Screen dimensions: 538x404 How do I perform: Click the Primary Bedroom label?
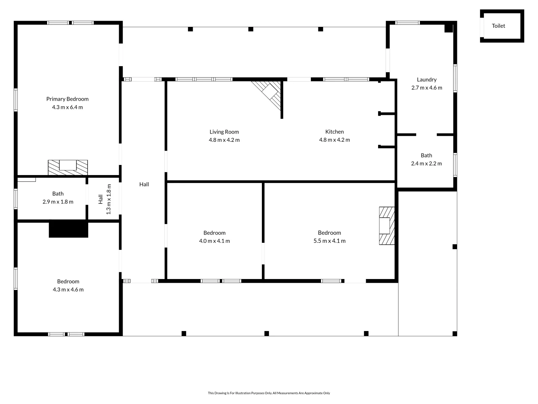click(x=67, y=99)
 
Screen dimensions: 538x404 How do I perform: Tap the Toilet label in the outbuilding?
click(x=498, y=26)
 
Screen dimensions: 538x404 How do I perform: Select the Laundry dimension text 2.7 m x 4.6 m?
click(x=427, y=88)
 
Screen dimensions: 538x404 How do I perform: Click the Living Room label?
click(x=224, y=132)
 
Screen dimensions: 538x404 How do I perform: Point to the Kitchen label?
click(x=334, y=132)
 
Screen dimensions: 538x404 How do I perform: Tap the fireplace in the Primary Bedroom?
click(x=68, y=167)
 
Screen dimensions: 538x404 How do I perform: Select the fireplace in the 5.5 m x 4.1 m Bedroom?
click(x=387, y=226)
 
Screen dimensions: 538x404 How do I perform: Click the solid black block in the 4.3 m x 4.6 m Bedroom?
click(x=68, y=229)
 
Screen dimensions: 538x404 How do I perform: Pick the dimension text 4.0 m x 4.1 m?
click(x=214, y=241)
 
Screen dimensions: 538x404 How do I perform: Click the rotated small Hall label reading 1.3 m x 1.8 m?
click(x=105, y=199)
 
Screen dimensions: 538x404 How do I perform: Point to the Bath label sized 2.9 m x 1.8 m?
click(x=58, y=193)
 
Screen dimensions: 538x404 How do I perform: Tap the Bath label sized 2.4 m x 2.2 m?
click(x=427, y=155)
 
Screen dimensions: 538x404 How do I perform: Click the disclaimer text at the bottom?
click(x=269, y=393)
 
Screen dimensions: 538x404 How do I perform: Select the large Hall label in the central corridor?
click(x=144, y=184)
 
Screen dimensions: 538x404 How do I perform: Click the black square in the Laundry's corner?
click(x=449, y=28)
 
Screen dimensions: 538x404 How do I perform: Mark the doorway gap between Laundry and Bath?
click(x=427, y=135)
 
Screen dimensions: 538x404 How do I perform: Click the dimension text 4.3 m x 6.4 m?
click(x=67, y=107)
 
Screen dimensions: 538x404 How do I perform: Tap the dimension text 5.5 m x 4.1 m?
click(x=330, y=241)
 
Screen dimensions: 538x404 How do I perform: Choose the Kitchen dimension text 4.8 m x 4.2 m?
click(x=334, y=140)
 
